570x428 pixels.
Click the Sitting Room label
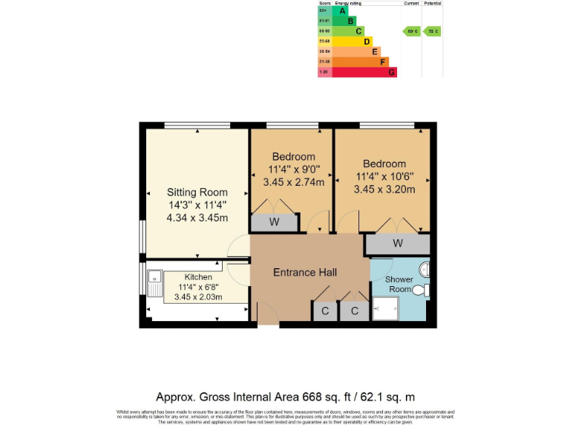click(x=197, y=192)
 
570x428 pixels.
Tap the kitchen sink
click(x=155, y=281)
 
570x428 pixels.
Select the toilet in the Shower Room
click(x=420, y=290)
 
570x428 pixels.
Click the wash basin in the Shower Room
click(x=424, y=267)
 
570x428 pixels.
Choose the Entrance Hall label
click(x=305, y=273)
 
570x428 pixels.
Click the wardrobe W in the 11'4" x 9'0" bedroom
click(x=274, y=222)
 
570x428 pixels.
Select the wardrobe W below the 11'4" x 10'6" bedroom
click(x=398, y=244)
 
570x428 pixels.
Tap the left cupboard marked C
click(x=324, y=311)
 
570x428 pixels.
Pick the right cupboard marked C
click(x=355, y=311)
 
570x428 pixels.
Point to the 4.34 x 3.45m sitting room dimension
click(x=197, y=218)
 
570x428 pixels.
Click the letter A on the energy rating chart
click(x=342, y=10)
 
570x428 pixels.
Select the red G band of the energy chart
click(x=364, y=72)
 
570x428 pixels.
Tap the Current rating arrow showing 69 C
click(x=411, y=31)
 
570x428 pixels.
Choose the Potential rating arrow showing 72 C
click(x=432, y=31)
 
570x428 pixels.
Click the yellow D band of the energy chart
click(x=353, y=42)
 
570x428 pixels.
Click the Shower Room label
click(x=399, y=284)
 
